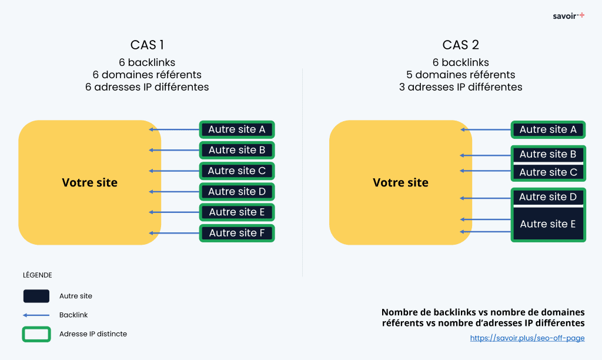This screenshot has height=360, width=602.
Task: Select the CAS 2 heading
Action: click(460, 45)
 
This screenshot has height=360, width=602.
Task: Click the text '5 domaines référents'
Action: click(460, 75)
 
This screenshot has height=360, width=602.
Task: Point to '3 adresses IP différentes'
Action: click(460, 87)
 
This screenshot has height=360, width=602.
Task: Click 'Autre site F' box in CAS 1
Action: click(237, 233)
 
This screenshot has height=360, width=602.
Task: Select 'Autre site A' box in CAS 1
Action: click(237, 129)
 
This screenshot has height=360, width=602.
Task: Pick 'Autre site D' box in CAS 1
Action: click(237, 191)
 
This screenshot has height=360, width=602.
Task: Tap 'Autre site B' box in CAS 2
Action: click(548, 154)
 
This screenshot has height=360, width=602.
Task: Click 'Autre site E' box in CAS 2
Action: click(548, 224)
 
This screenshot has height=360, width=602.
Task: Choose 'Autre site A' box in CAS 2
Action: click(548, 129)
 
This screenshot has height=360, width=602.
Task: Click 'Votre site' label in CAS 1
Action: click(89, 183)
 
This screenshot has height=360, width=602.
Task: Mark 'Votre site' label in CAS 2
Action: click(400, 183)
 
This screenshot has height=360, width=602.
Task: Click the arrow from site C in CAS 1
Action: click(174, 171)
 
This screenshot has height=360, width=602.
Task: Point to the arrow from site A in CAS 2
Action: click(485, 130)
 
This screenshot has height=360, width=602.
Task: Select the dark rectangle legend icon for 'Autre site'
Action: click(36, 296)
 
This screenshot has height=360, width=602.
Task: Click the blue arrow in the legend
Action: click(36, 315)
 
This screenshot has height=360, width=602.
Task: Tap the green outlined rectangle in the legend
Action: click(36, 334)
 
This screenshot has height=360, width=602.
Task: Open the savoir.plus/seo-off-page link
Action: click(527, 338)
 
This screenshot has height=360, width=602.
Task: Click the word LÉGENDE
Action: click(37, 275)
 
